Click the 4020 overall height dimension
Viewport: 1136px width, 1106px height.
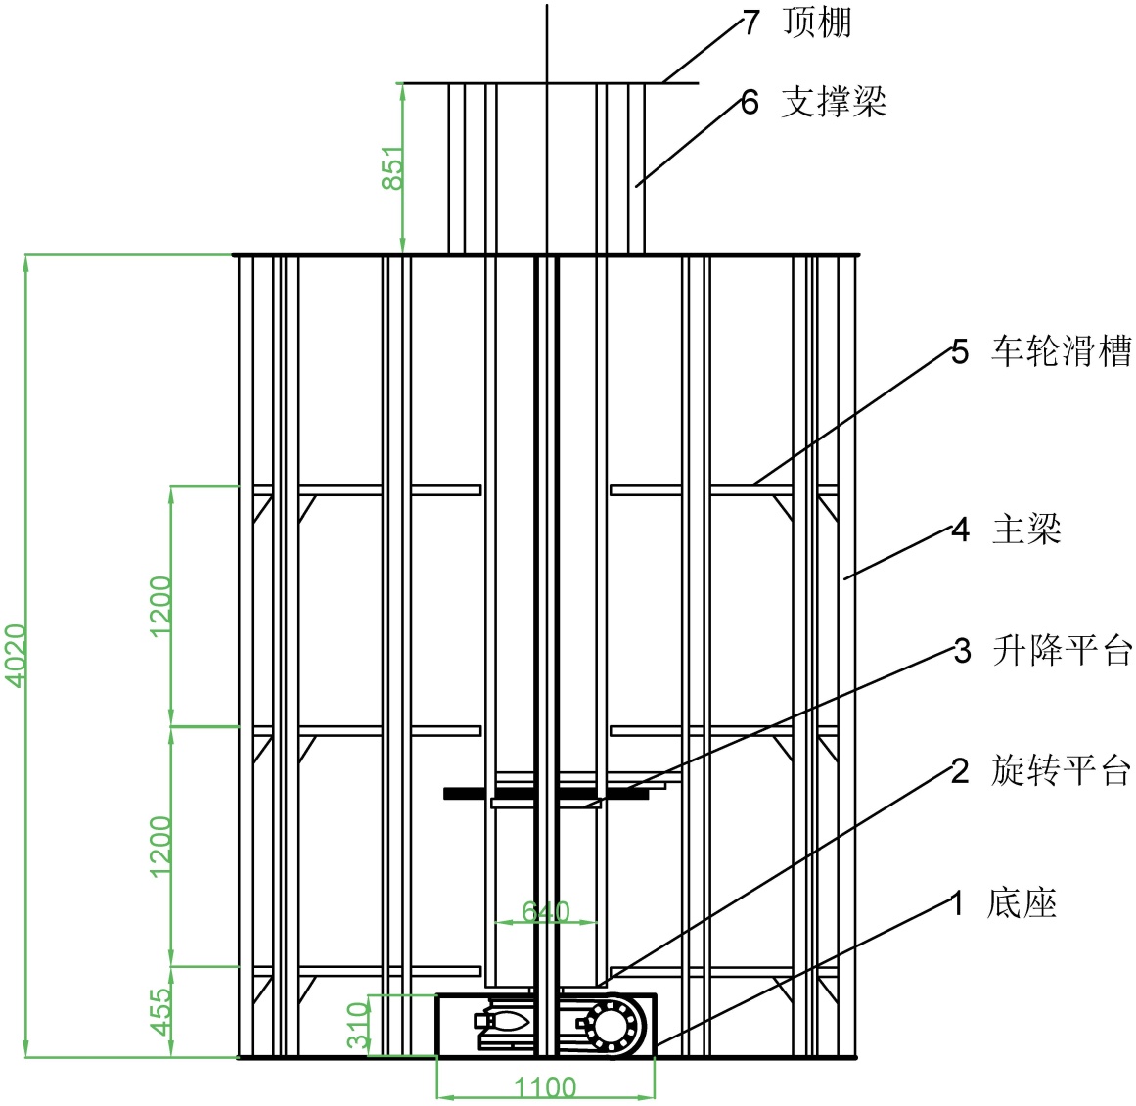point(17,655)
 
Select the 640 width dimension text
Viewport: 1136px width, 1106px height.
point(545,912)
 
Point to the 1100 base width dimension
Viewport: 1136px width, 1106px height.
point(545,1087)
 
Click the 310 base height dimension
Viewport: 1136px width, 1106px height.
point(359,1025)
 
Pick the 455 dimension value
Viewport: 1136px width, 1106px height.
point(160,1010)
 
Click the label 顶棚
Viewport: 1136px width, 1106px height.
point(817,22)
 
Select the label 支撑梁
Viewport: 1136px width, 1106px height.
point(834,101)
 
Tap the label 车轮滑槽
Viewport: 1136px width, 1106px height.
point(1062,350)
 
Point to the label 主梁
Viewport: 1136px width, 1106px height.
point(1026,529)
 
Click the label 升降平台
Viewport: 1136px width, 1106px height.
point(1062,650)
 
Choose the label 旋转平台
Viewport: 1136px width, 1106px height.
point(1062,770)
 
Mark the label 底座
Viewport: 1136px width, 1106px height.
point(1022,902)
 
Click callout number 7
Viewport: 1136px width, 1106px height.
point(750,23)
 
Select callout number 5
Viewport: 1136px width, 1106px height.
point(960,351)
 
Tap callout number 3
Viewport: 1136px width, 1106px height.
point(962,651)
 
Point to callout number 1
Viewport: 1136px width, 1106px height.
point(958,903)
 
